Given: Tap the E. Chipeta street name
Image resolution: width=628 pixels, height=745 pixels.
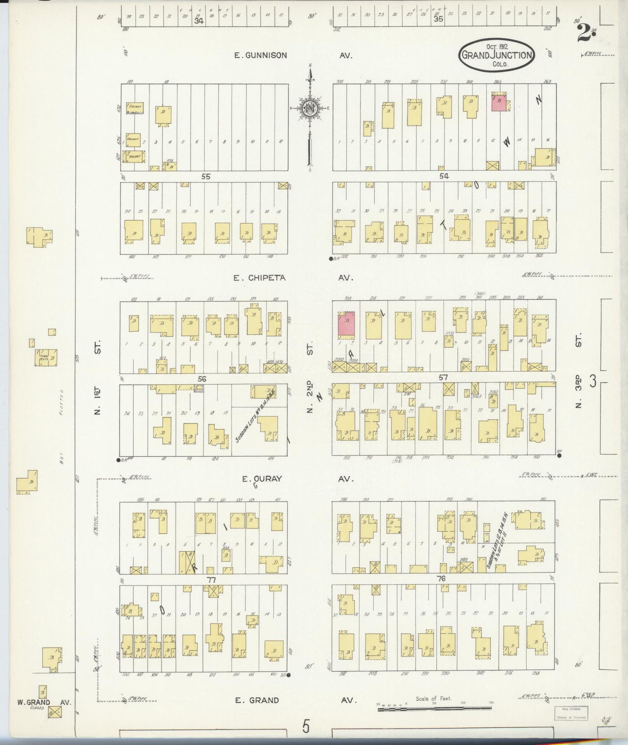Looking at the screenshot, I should point(259,277).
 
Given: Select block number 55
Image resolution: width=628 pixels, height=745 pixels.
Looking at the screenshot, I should point(206,176).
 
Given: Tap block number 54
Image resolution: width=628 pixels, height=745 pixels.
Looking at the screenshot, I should point(444,176).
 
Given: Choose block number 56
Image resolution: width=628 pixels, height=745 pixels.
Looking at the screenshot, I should point(202,379).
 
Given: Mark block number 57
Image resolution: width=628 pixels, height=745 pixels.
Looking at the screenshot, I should point(443,378).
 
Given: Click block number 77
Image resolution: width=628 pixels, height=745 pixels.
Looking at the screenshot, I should point(211,580).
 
